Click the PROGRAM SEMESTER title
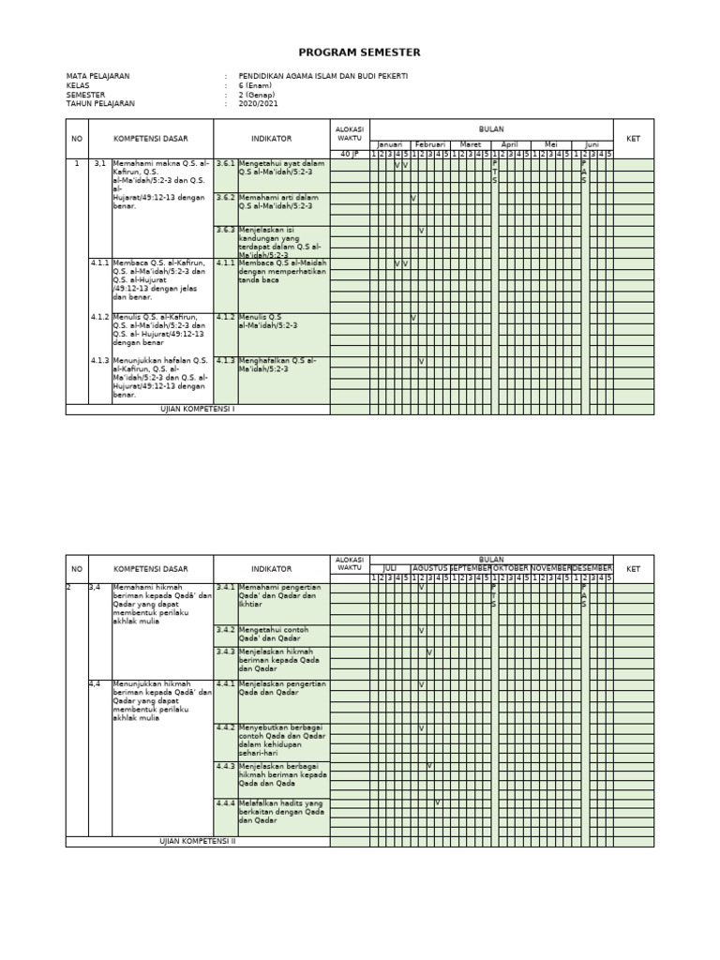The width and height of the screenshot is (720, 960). (360, 52)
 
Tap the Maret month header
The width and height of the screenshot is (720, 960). (470, 145)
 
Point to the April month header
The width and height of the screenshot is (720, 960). (510, 145)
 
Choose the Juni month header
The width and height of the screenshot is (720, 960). (592, 145)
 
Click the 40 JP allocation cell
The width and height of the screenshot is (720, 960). (349, 154)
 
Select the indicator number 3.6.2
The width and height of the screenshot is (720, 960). (225, 198)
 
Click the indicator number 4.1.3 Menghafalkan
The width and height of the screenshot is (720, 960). (225, 360)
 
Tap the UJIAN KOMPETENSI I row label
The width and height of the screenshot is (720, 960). (198, 410)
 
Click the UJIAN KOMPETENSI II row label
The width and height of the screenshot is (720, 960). (198, 842)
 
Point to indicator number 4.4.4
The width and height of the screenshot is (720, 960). (225, 803)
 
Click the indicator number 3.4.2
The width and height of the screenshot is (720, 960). (225, 630)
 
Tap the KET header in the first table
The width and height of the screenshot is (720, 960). (634, 139)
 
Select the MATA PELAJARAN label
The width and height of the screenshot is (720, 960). (97, 76)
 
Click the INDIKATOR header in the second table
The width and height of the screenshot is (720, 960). (271, 569)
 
